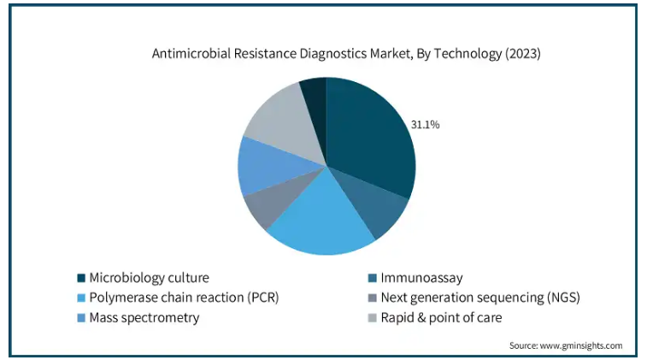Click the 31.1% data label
425,125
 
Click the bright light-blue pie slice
320,219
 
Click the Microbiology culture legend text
149,278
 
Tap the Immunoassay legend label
421,278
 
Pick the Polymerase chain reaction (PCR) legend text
184,298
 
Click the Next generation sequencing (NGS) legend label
480,298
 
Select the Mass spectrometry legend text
144,317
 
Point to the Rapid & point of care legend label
441,317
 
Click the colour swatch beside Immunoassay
372,278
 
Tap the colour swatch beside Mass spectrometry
81,317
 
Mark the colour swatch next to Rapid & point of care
372,317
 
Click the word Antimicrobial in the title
191,54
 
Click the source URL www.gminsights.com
581,345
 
